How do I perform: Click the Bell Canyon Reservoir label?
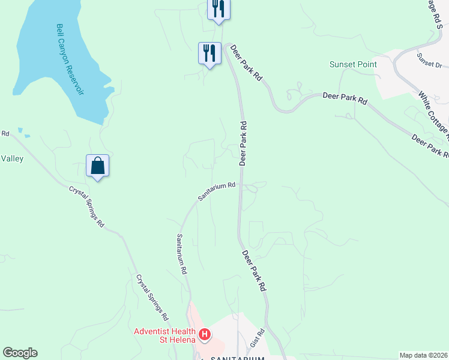pyautogui.click(x=70, y=59)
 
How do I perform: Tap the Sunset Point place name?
pyautogui.click(x=353, y=64)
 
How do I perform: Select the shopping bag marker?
pyautogui.click(x=97, y=166)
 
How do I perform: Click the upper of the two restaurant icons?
pyautogui.click(x=218, y=8)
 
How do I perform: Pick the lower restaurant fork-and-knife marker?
pyautogui.click(x=209, y=53)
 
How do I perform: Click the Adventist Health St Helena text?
pyautogui.click(x=164, y=336)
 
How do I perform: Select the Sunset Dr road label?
pyautogui.click(x=429, y=61)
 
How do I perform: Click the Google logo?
pyautogui.click(x=20, y=353)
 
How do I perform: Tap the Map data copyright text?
pyautogui.click(x=423, y=355)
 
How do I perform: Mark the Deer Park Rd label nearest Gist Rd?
pyautogui.click(x=254, y=272)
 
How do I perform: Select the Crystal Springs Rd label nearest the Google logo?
pyautogui.click(x=151, y=296)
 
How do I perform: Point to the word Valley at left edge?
pyautogui.click(x=12, y=158)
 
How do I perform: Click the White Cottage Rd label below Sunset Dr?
pyautogui.click(x=433, y=114)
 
